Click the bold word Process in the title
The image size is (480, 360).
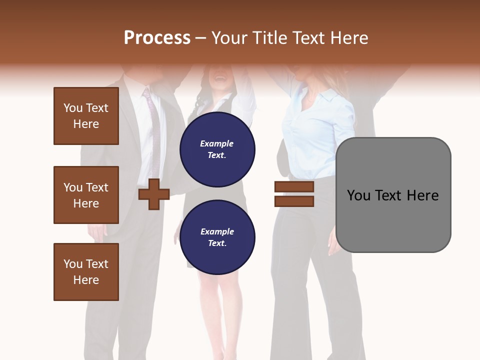(157, 38)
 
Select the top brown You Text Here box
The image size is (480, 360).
(86, 116)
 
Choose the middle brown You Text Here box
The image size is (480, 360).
(86, 195)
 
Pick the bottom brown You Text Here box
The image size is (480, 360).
(86, 272)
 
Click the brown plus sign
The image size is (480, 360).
(154, 194)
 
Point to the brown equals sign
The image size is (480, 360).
(294, 194)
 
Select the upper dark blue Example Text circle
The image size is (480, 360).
(217, 149)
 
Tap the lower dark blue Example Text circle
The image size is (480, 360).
(217, 237)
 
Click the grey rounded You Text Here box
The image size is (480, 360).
(393, 194)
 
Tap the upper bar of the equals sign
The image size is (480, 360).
(294, 187)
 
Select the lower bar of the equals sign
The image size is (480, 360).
(294, 201)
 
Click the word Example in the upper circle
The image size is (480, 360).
(216, 143)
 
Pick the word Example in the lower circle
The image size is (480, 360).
(217, 231)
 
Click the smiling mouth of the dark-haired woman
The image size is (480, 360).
(218, 78)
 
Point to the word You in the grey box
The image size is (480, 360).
(359, 195)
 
